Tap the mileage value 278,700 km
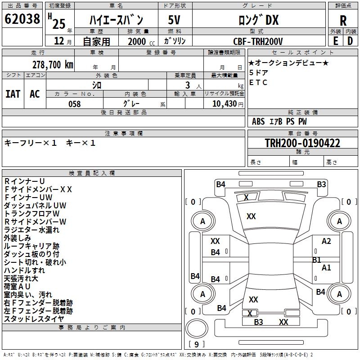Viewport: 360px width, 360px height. point(53,64)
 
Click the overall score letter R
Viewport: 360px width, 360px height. point(343,20)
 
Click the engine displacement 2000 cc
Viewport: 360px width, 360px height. point(139,41)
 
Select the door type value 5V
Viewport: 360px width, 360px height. point(175,20)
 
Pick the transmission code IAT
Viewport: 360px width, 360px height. point(13,94)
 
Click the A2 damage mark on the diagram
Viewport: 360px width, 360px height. point(326,241)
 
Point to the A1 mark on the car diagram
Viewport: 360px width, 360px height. point(326,267)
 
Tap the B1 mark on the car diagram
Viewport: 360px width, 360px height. point(317,260)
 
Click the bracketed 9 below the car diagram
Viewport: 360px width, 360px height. point(196,344)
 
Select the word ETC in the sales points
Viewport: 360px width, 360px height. point(258,82)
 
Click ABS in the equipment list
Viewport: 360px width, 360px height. point(258,121)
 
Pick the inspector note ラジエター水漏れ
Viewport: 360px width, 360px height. point(31,230)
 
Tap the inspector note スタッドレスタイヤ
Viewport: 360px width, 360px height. point(34,319)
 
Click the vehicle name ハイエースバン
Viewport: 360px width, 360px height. point(116,20)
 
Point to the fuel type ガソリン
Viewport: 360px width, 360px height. point(175,41)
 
